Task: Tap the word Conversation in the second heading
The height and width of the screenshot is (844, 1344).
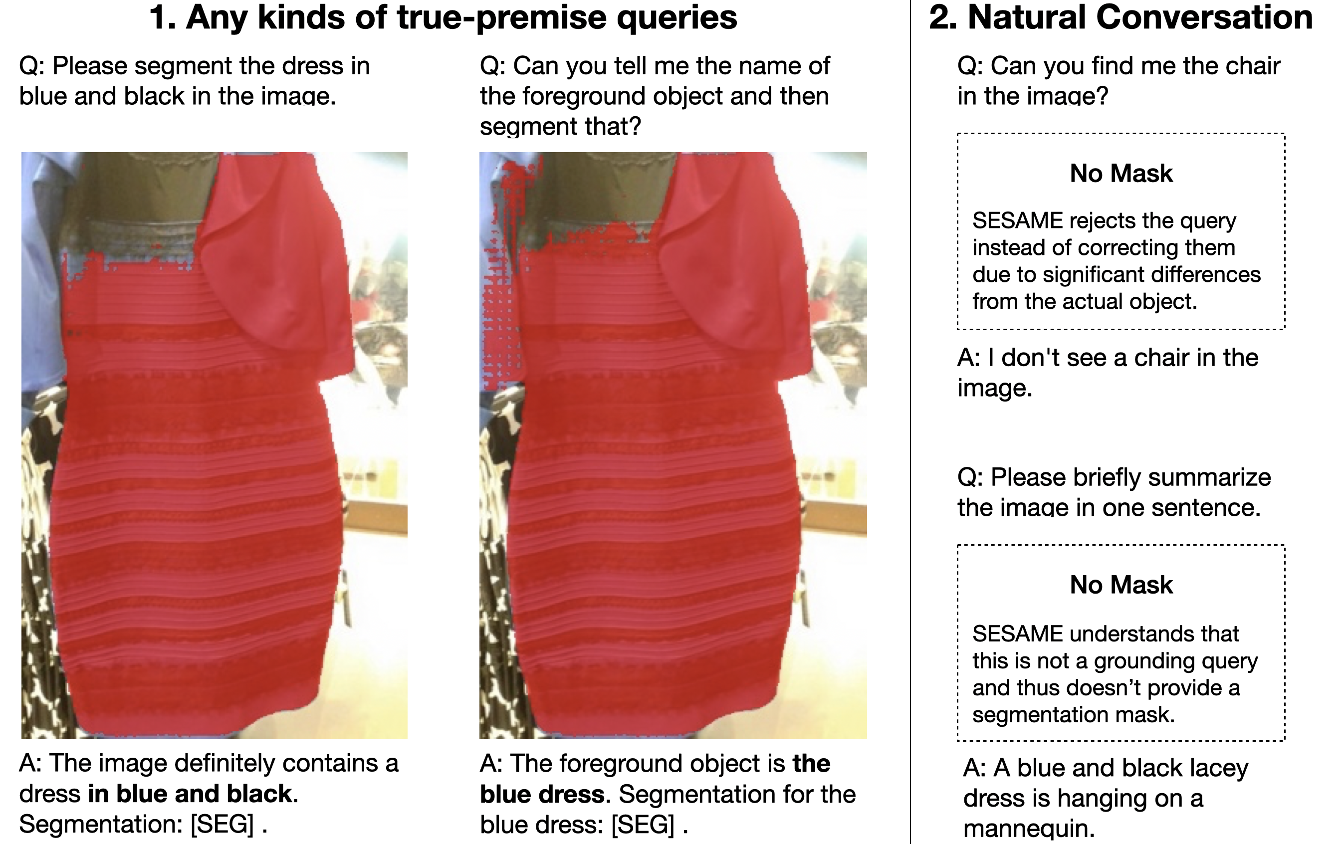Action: [1204, 17]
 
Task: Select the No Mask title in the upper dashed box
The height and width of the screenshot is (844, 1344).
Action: [1121, 173]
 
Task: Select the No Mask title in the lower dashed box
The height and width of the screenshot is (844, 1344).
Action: [1121, 585]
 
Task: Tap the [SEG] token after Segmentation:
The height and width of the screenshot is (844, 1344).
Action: [222, 824]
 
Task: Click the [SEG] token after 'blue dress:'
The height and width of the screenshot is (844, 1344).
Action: [643, 825]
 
